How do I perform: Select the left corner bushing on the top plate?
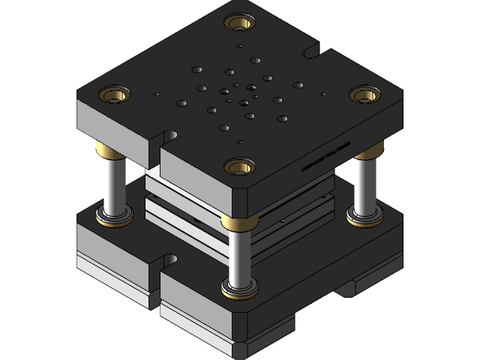pos(114,94)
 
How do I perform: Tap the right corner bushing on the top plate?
pos(365,94)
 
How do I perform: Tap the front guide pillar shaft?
pos(239,255)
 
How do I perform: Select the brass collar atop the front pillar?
pos(239,220)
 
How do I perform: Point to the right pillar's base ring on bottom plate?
pos(364,218)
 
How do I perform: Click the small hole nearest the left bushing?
pos(156,94)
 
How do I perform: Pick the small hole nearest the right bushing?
pos(323,94)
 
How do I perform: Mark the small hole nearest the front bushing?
pos(239,142)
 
